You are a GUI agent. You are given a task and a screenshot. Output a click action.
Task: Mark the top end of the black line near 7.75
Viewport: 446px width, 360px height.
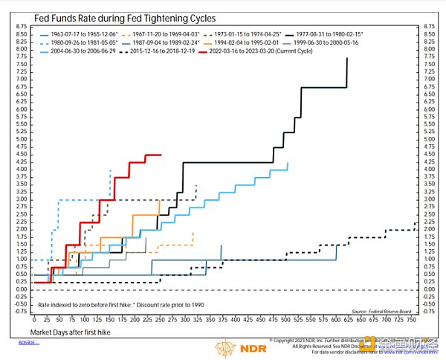tap(347, 60)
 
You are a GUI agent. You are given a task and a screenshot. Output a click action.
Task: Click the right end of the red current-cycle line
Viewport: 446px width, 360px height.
tap(161, 155)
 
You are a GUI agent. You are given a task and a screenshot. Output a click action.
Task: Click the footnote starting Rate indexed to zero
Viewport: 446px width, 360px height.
tap(119, 304)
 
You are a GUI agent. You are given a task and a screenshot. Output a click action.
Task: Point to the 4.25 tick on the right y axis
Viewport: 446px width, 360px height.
tap(428, 162)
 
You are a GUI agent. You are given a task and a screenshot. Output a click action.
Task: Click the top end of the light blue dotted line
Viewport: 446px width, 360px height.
tap(110, 170)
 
